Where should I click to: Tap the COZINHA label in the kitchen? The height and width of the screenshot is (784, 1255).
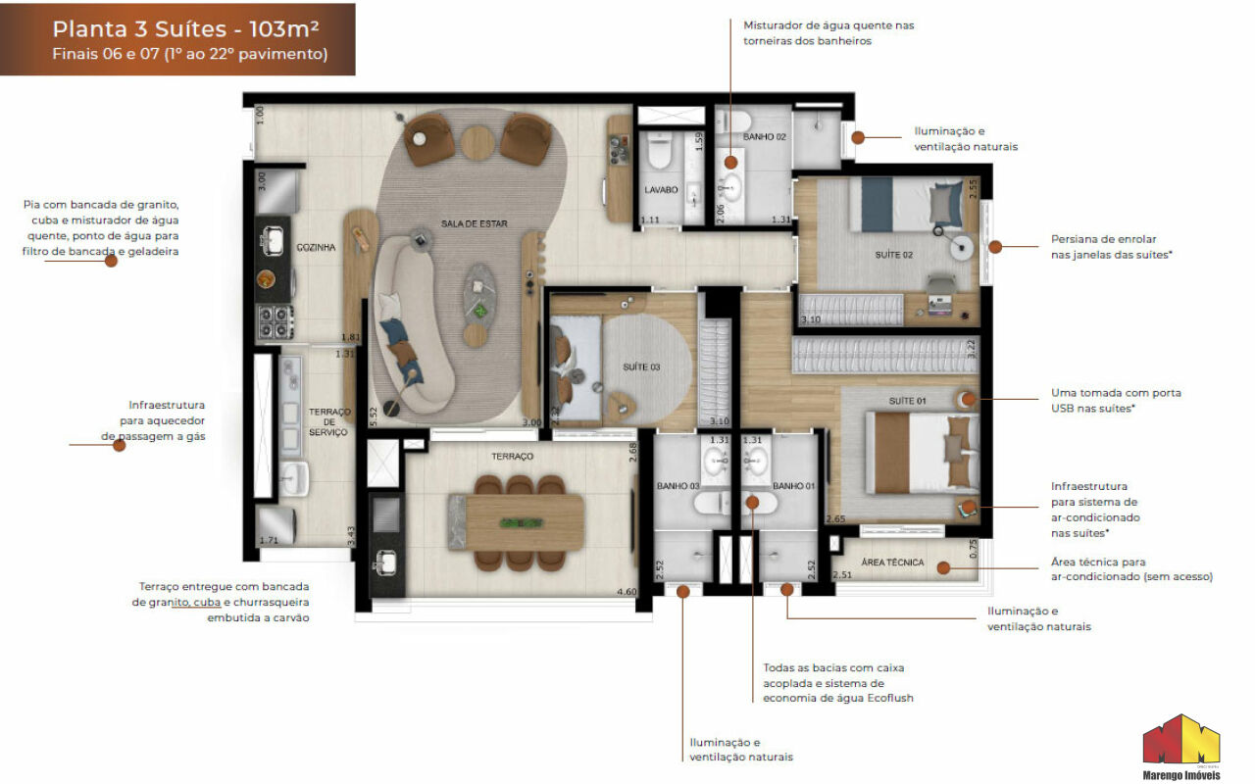click(x=316, y=248)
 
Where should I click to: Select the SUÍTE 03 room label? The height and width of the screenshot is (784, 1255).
click(x=641, y=367)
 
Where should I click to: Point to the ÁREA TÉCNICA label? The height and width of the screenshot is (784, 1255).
click(x=892, y=563)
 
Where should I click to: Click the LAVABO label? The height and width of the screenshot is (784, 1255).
click(x=662, y=190)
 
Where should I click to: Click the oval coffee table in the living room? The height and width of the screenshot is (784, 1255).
click(x=480, y=288)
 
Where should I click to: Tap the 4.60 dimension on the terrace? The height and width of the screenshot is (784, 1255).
click(x=626, y=592)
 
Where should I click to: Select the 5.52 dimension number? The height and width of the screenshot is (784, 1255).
click(x=373, y=414)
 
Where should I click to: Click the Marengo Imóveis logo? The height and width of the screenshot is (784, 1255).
click(x=1180, y=750)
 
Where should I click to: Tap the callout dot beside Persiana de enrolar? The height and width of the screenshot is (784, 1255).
click(x=994, y=247)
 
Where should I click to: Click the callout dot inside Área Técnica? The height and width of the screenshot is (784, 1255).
click(x=942, y=566)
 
